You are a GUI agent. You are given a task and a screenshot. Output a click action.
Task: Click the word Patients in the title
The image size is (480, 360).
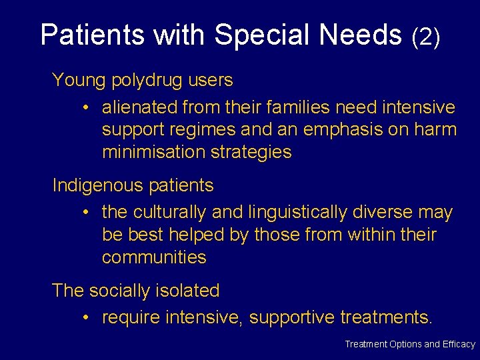click(x=86, y=35)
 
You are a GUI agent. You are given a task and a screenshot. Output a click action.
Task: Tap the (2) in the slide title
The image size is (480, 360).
click(x=426, y=37)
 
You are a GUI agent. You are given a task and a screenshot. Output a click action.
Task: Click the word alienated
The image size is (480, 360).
click(x=139, y=107)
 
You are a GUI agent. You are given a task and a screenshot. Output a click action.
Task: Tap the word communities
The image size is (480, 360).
click(x=154, y=257)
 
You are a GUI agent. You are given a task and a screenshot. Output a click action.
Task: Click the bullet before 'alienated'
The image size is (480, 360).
click(x=87, y=107)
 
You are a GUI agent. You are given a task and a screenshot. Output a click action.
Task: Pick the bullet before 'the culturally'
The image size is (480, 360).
click(x=87, y=213)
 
